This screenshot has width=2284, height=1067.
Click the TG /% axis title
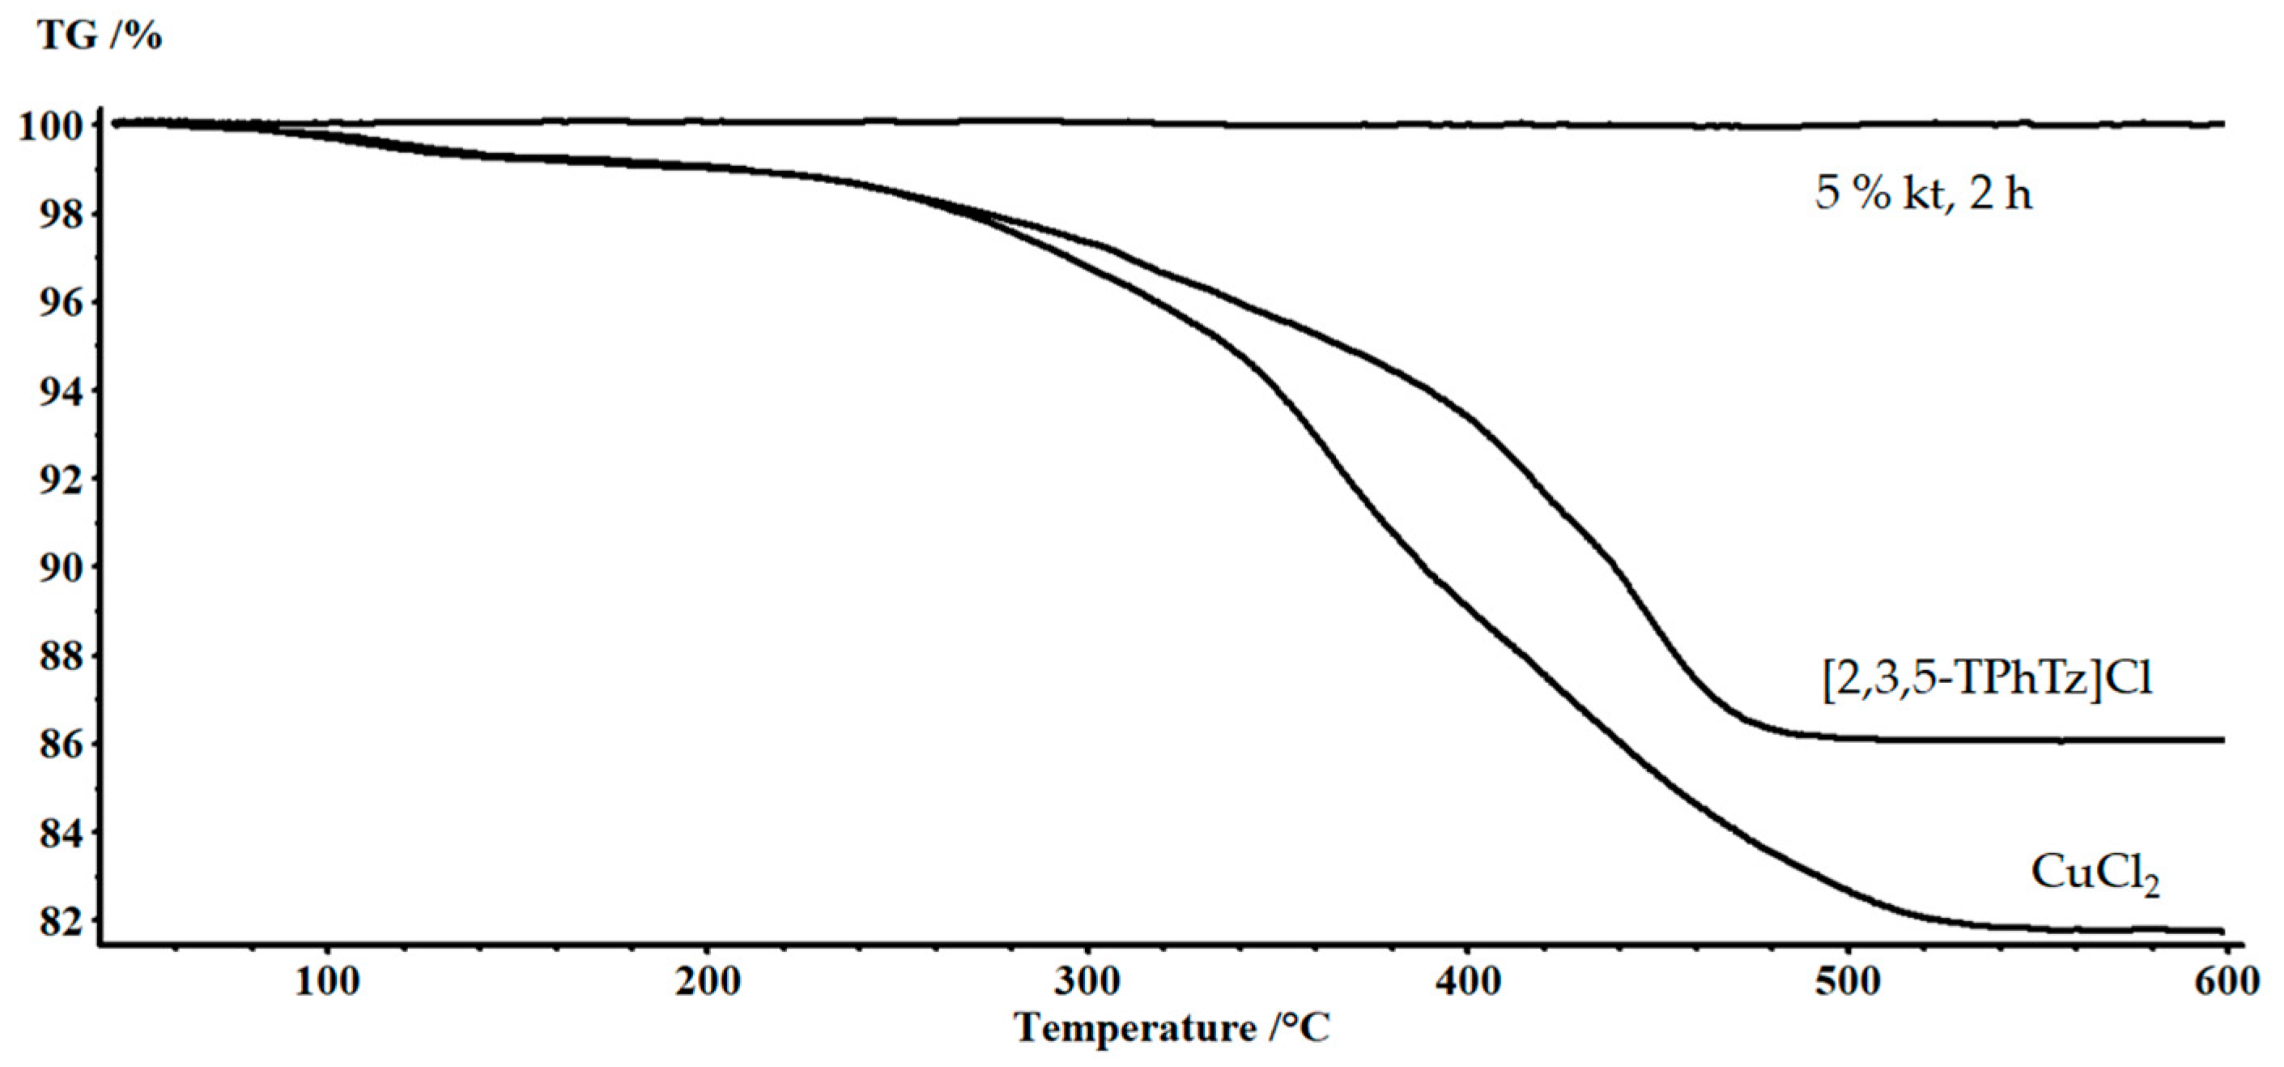click(x=100, y=36)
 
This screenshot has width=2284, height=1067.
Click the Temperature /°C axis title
click(x=1172, y=1029)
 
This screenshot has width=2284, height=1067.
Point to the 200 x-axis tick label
click(x=708, y=982)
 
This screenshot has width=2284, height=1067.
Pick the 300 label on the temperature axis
click(x=1088, y=982)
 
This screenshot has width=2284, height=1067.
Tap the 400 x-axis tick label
click(x=1467, y=982)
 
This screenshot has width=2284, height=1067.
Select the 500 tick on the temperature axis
click(x=1848, y=982)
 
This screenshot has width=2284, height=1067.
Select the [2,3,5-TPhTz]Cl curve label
click(x=1986, y=681)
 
